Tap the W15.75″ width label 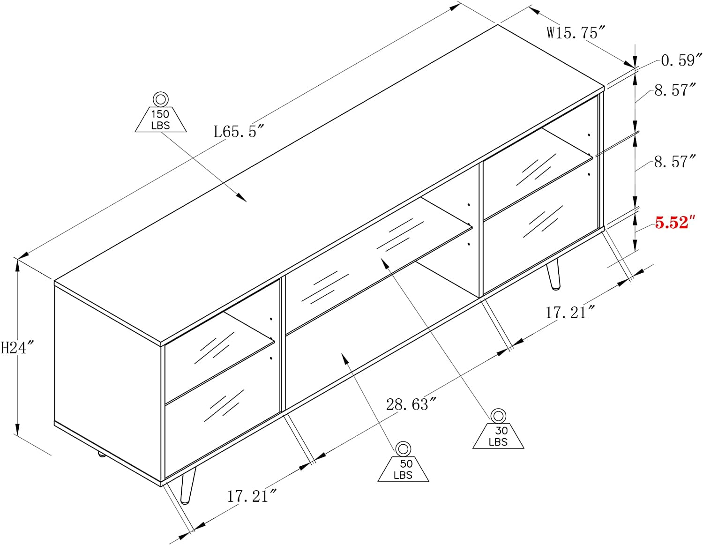point(576,33)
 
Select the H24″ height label point(17,347)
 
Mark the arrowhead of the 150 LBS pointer point(242,198)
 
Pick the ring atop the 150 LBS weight point(160,99)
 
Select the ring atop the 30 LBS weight point(498,416)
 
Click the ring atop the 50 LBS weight point(403,449)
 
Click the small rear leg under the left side point(100,454)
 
